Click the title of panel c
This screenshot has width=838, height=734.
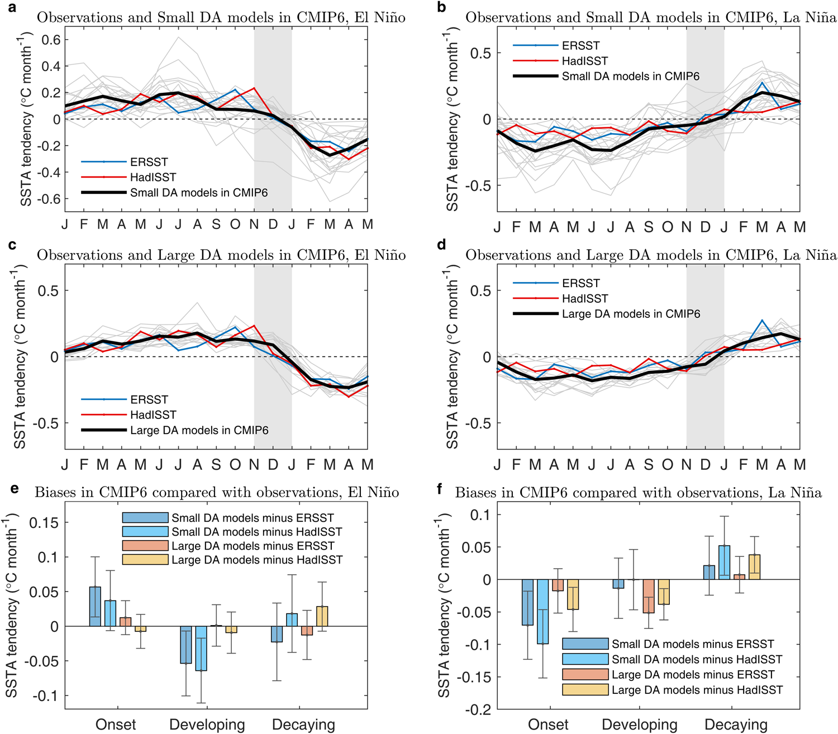tap(221, 255)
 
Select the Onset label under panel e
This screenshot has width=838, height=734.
tap(116, 725)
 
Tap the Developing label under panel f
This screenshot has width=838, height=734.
tap(639, 725)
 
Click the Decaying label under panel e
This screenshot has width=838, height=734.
tap(303, 725)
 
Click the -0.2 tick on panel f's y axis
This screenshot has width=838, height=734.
tap(477, 709)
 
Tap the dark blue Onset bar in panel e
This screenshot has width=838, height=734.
tap(96, 607)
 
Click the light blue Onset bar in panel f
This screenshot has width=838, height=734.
tap(542, 612)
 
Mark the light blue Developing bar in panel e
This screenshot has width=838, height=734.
tap(201, 649)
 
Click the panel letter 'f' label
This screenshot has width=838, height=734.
tap(440, 489)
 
